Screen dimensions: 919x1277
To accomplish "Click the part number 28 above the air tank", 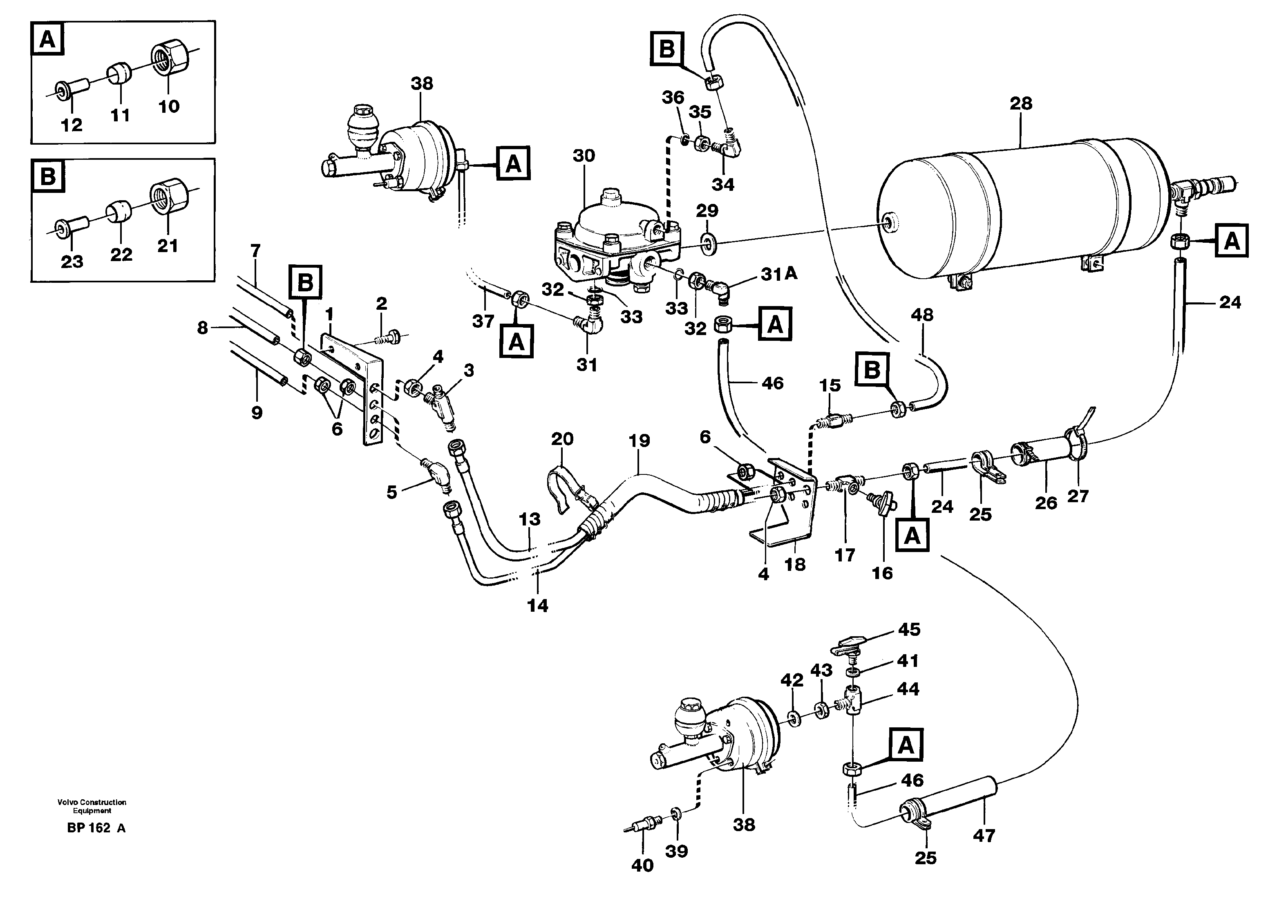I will (1021, 104).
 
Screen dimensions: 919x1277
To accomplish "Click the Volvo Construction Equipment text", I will (92, 806).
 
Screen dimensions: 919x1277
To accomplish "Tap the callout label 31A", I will (779, 274).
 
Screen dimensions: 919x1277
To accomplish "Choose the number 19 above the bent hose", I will (639, 440).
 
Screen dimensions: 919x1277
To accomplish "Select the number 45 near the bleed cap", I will (909, 630).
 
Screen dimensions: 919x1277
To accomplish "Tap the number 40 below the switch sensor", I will (642, 865).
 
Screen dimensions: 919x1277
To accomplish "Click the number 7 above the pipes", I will (256, 250).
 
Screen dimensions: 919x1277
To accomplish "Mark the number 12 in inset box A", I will (72, 125).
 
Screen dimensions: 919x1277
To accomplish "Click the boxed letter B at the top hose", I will (666, 49).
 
